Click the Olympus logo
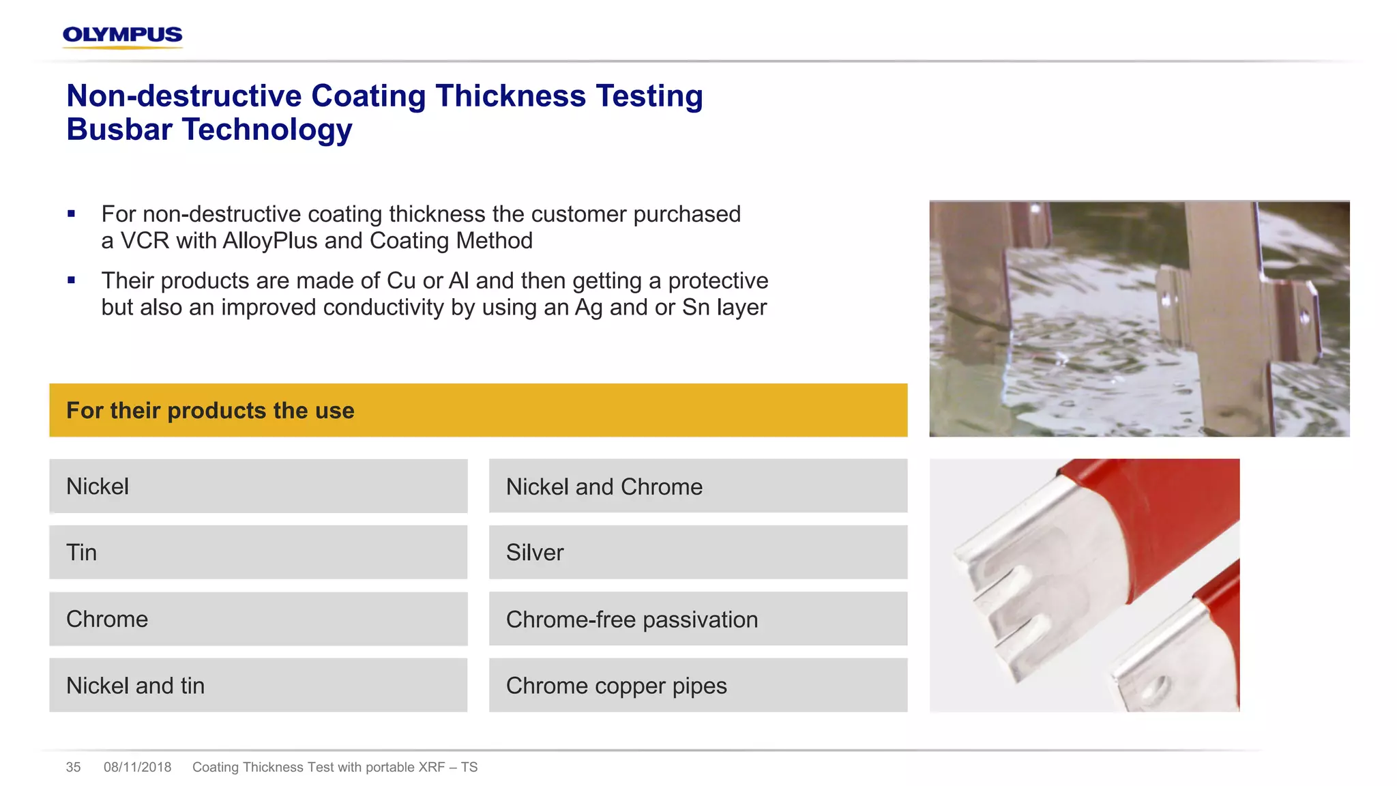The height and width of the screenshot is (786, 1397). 122,35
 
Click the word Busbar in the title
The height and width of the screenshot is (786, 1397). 119,130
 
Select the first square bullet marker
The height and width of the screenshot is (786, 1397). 72,214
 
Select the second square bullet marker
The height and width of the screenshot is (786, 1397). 72,280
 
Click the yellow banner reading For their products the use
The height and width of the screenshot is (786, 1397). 477,410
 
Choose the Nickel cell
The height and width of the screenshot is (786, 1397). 258,486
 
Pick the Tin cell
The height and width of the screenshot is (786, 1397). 258,552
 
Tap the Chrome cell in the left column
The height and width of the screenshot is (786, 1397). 258,619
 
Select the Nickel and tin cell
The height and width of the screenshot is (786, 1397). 258,685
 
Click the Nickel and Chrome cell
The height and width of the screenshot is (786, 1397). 698,486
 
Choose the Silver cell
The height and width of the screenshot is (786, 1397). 698,552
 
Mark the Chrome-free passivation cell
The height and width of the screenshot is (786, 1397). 698,619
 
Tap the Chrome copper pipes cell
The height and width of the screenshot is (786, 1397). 698,685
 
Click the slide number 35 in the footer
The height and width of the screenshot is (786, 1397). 73,767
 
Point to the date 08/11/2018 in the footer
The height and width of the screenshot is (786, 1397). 137,767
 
